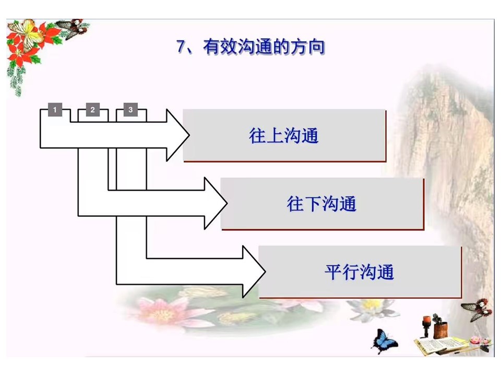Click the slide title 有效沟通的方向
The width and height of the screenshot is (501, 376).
(x=264, y=47)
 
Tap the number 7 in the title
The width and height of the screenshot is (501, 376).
(x=181, y=46)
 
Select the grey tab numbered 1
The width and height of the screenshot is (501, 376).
(x=55, y=110)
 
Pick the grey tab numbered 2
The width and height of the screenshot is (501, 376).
(x=93, y=110)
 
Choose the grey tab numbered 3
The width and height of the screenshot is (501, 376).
(x=130, y=110)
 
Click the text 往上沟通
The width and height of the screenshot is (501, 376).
(x=284, y=136)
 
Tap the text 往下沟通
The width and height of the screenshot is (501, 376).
(x=321, y=204)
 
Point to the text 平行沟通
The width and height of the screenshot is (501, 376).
(x=360, y=272)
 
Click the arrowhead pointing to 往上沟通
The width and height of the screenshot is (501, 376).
(x=177, y=135)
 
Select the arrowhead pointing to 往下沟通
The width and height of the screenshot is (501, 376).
(x=216, y=203)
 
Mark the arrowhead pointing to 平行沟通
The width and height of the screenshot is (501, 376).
(x=254, y=272)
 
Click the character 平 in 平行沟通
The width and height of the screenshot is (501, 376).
(x=333, y=272)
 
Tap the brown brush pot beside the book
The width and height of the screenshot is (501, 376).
(x=440, y=330)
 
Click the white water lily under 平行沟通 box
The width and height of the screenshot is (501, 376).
(x=372, y=309)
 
